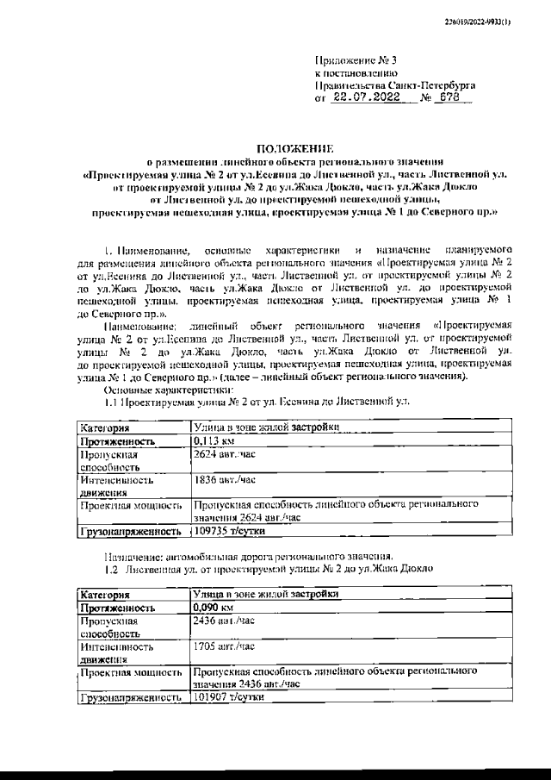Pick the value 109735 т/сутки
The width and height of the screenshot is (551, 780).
(x=228, y=533)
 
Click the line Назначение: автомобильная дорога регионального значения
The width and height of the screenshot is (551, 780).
(x=248, y=556)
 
